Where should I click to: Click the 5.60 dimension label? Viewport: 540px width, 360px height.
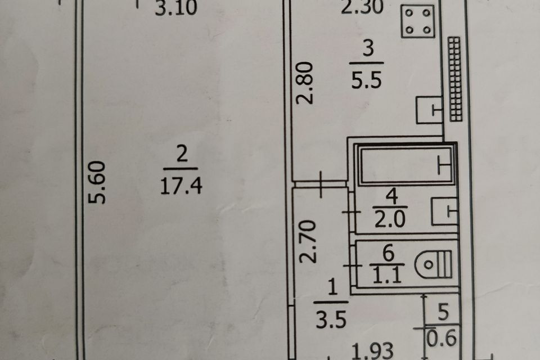coord(96,182)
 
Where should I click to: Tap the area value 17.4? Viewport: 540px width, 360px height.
coord(181,186)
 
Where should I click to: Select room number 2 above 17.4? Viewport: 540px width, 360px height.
coord(182,154)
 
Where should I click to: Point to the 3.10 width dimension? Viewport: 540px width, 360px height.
coord(176,7)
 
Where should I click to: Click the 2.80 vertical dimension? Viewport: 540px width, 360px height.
coord(305,83)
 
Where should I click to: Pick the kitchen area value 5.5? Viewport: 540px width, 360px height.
coord(366,80)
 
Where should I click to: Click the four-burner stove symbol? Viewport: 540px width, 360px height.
coord(418,21)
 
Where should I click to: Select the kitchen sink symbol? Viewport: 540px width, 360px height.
coord(429,110)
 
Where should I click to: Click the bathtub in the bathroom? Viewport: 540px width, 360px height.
coord(406,165)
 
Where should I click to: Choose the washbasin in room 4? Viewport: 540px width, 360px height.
coord(444,211)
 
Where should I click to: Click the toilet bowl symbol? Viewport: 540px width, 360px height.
coord(433,264)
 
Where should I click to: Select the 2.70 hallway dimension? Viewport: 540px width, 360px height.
coord(307,241)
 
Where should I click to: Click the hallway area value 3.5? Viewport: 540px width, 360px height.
coord(331,319)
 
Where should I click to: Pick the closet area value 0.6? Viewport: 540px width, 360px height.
coord(442,337)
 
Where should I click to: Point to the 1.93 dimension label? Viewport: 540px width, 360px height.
coord(372,351)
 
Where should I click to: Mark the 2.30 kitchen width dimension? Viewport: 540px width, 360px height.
coord(362,7)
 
